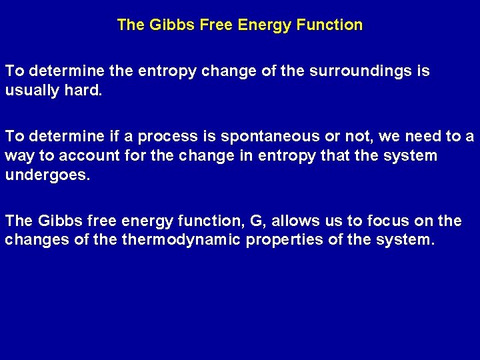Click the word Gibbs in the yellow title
pos(165,25)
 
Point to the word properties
pos(285,239)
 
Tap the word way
pos(18,155)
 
